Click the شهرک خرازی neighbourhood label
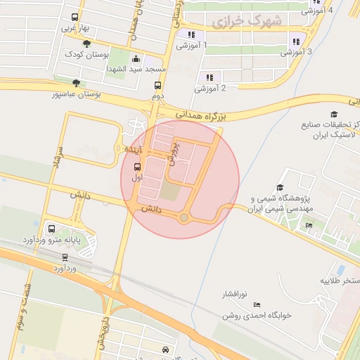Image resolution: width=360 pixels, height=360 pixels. pos(246,22)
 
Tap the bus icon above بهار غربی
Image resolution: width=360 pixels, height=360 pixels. pos(75,18)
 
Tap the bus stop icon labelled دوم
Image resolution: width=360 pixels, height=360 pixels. pos(157,85)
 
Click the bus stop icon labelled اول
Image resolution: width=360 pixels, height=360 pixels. pos(136,167)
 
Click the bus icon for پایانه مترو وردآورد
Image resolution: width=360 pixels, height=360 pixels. pos(51,229)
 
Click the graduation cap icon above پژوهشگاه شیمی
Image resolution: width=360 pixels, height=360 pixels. pos(280,188)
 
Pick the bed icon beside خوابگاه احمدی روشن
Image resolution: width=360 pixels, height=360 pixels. pos(257,304)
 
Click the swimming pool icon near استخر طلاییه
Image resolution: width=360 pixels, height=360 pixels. pos(340,269)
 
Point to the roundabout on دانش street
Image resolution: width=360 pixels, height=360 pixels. pos(184,218)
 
